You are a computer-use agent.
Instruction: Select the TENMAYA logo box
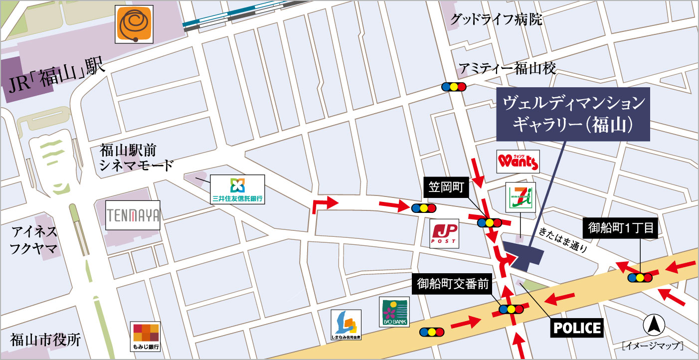point(133,215)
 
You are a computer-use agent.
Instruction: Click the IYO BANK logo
point(394,312)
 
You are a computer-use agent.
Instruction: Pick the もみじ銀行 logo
point(145,336)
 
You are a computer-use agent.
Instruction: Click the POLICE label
point(576,328)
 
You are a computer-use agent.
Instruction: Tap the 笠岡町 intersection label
point(446,187)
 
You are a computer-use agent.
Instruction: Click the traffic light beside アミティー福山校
point(454,86)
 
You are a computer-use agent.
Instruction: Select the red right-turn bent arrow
point(323,204)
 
